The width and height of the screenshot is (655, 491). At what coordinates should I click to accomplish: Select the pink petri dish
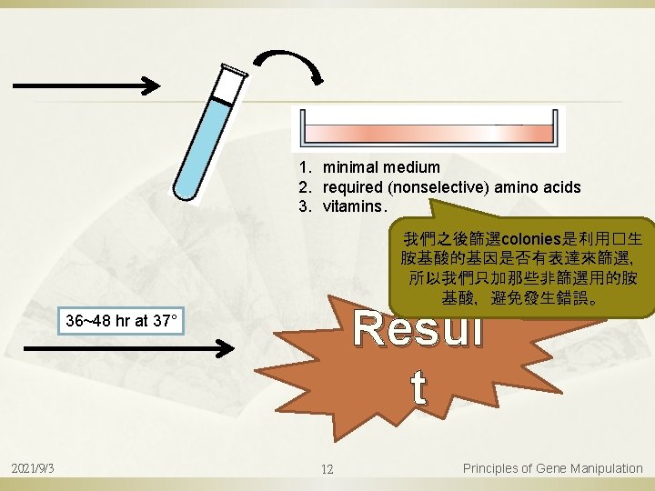pos(428,127)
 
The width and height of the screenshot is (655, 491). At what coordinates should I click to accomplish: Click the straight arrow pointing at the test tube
pos(86,86)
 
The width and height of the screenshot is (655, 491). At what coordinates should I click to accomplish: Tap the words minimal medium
pos(381,167)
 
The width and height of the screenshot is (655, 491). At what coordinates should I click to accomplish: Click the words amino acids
pos(540,187)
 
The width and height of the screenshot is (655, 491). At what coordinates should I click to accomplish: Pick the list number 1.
pos(301,167)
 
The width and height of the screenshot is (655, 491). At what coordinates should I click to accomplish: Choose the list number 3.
pos(301,206)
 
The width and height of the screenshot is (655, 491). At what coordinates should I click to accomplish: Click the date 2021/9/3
pos(33,468)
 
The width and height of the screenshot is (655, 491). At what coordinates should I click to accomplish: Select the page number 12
pos(327,469)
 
